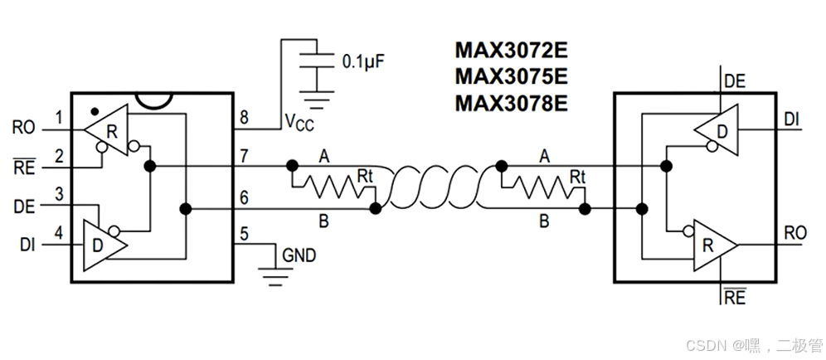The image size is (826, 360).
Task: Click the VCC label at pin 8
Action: click(300, 122)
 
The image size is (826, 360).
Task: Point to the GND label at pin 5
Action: click(299, 255)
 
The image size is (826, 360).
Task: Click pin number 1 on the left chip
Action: click(59, 118)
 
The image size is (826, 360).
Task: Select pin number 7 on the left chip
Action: click(244, 156)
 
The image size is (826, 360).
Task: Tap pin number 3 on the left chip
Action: click(59, 193)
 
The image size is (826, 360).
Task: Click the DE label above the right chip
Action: click(735, 81)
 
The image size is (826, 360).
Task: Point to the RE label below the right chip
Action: click(735, 298)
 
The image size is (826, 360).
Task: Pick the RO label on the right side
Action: click(795, 233)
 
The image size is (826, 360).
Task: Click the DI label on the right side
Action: click(792, 120)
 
